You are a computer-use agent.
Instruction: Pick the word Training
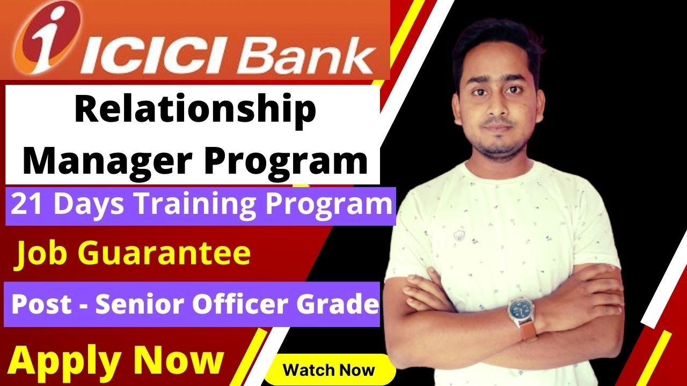coord(196,205)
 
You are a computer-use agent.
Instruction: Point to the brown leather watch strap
coord(529,332)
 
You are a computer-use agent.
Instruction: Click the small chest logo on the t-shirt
coord(459,235)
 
